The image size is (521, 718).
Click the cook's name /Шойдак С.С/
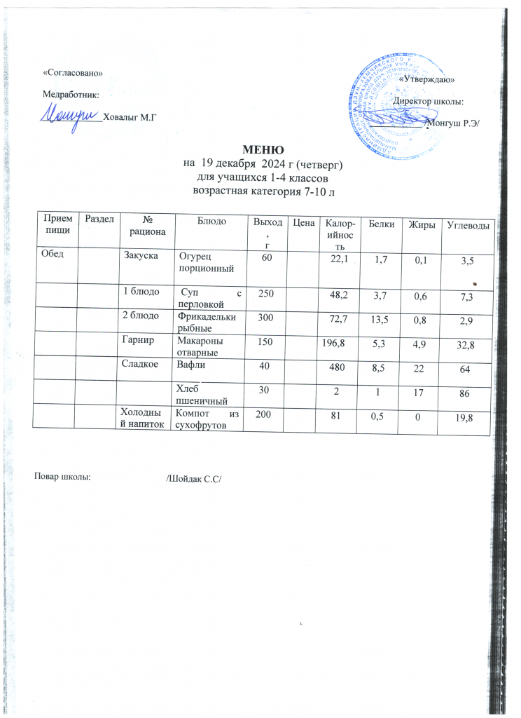[x=193, y=480]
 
